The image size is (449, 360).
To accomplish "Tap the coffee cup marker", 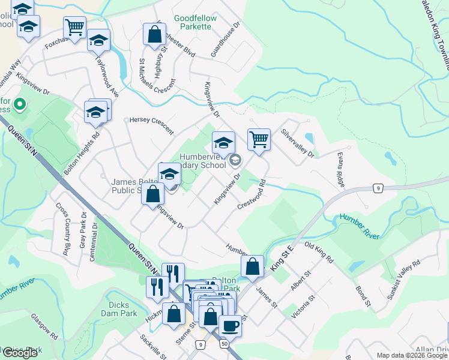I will click(x=230, y=326).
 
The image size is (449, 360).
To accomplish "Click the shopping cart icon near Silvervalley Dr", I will click(x=259, y=139).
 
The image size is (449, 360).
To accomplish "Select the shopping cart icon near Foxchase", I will click(x=74, y=27).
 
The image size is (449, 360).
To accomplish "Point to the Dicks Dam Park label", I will click(x=123, y=309).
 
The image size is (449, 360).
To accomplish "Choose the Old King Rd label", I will click(x=319, y=253).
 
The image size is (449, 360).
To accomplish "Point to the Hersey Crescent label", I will click(x=151, y=126).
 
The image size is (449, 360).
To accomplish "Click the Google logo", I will click(x=20, y=353).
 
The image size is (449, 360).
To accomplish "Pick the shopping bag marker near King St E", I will click(x=253, y=266).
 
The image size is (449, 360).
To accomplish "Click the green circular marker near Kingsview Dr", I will click(x=20, y=105).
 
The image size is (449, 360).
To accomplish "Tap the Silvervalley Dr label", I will click(x=297, y=144).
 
